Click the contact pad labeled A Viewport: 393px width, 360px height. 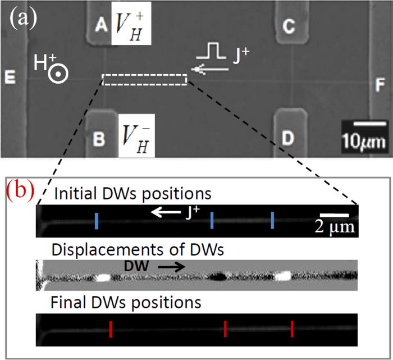[x=101, y=24]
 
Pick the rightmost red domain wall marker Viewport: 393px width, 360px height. [x=292, y=329]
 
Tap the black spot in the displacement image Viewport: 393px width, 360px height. [x=217, y=276]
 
